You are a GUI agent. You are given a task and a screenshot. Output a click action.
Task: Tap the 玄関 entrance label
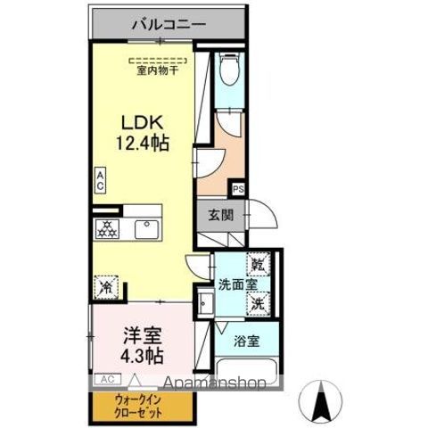[222, 214]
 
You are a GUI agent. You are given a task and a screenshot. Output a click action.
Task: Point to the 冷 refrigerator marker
[105, 286]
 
